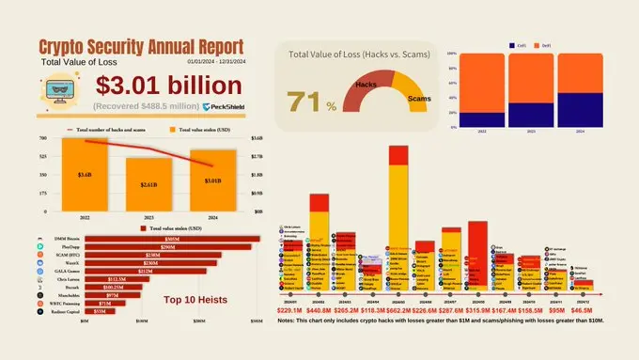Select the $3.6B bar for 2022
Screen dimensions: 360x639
click(x=85, y=175)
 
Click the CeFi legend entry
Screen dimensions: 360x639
click(x=518, y=44)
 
